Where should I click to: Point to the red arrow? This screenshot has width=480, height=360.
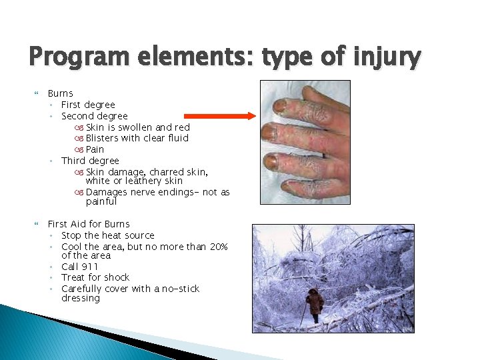click(219, 115)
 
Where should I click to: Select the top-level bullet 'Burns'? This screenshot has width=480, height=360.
click(60, 93)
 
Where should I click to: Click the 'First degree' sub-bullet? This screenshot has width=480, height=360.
click(88, 105)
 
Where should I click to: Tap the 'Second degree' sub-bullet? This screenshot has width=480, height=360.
click(94, 116)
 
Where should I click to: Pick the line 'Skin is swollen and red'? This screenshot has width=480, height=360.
click(137, 127)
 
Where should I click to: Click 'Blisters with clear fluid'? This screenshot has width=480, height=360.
click(137, 138)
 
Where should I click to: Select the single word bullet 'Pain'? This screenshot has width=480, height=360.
click(95, 149)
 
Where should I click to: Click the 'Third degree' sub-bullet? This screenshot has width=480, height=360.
click(90, 161)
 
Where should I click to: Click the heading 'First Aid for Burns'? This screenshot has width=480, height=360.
click(89, 224)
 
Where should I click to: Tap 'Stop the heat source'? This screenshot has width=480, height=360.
click(107, 235)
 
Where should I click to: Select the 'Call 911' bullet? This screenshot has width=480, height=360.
click(79, 267)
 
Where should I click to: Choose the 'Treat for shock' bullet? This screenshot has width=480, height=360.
click(95, 277)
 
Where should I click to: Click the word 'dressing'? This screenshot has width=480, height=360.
click(80, 299)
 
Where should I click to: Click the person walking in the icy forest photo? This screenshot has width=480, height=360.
click(315, 305)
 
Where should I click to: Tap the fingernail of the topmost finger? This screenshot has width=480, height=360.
click(279, 105)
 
